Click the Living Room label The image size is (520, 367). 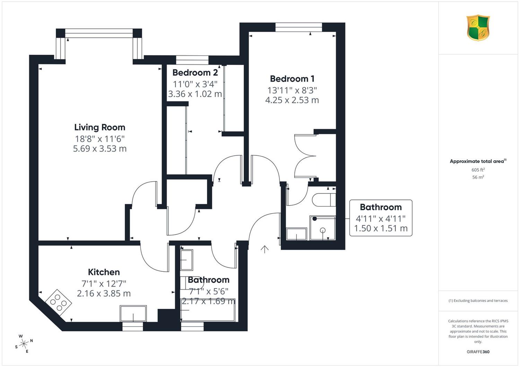99,127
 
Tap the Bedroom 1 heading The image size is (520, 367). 292,79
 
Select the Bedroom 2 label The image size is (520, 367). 195,73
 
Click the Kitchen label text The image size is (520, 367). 104,272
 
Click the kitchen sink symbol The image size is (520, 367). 133,313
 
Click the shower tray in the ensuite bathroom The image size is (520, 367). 322,228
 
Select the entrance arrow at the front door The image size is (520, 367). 265,250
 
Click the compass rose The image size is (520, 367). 24,343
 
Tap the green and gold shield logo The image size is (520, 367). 478,28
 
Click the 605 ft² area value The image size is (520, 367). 478,170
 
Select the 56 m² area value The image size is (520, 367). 478,177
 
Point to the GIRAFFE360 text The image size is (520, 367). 478,352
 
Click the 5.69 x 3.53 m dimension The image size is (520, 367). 100,149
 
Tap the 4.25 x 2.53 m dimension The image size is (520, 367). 292,100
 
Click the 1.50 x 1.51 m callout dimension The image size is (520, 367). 381,229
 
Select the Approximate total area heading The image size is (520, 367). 478,161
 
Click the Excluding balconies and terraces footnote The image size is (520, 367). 478,301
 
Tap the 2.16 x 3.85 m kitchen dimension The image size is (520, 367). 104,294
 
